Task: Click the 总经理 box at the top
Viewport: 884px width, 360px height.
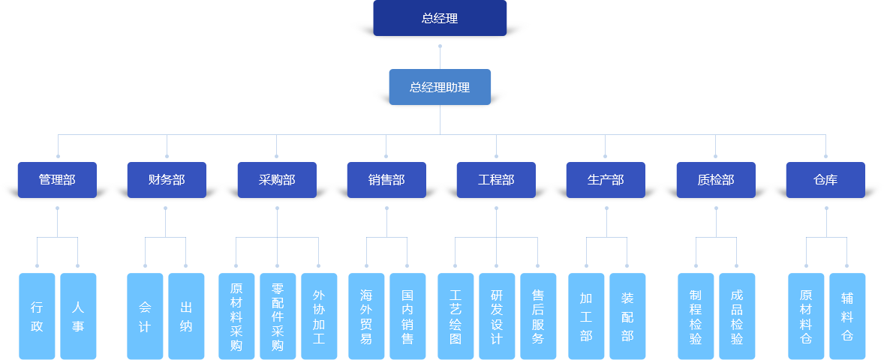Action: click(440, 19)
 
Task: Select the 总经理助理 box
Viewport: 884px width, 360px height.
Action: click(440, 87)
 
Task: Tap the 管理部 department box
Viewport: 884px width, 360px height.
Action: click(57, 180)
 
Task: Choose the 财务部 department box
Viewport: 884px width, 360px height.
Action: click(167, 180)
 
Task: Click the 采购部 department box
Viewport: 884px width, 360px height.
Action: click(277, 180)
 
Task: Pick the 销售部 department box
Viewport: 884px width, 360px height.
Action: click(386, 180)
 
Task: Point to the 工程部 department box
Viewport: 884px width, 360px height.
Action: click(496, 180)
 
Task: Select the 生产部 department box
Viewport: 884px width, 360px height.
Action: click(606, 180)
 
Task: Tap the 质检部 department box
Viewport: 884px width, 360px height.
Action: click(715, 180)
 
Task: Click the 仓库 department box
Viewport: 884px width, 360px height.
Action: click(825, 180)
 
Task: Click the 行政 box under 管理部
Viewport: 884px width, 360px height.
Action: click(37, 316)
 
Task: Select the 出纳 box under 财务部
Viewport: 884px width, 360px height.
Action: click(186, 316)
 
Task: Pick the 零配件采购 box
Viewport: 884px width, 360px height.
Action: click(277, 316)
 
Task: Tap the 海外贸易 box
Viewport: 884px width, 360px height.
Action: click(366, 316)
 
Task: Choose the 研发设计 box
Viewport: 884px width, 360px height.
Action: click(496, 316)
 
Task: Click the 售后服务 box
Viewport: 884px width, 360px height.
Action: click(538, 316)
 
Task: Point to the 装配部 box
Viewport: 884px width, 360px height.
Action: click(627, 316)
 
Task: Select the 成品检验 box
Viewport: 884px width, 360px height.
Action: click(737, 316)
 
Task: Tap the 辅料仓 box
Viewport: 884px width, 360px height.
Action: click(847, 316)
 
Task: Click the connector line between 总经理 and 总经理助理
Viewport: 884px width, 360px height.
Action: click(440, 57)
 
